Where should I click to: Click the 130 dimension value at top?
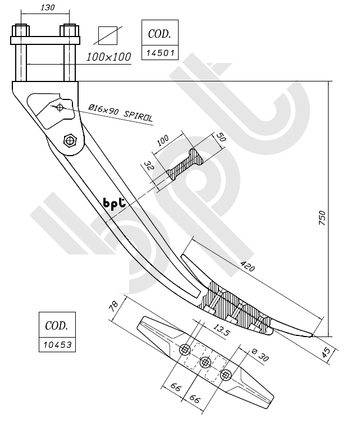[48, 7]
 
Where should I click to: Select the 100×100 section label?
[109, 57]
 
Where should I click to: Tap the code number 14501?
[160, 53]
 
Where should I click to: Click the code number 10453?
[57, 345]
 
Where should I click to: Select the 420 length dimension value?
[248, 265]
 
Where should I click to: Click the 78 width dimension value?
[115, 306]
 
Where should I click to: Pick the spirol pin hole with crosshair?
[60, 107]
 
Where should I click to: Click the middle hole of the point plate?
[205, 362]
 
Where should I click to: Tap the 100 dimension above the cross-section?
[164, 140]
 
